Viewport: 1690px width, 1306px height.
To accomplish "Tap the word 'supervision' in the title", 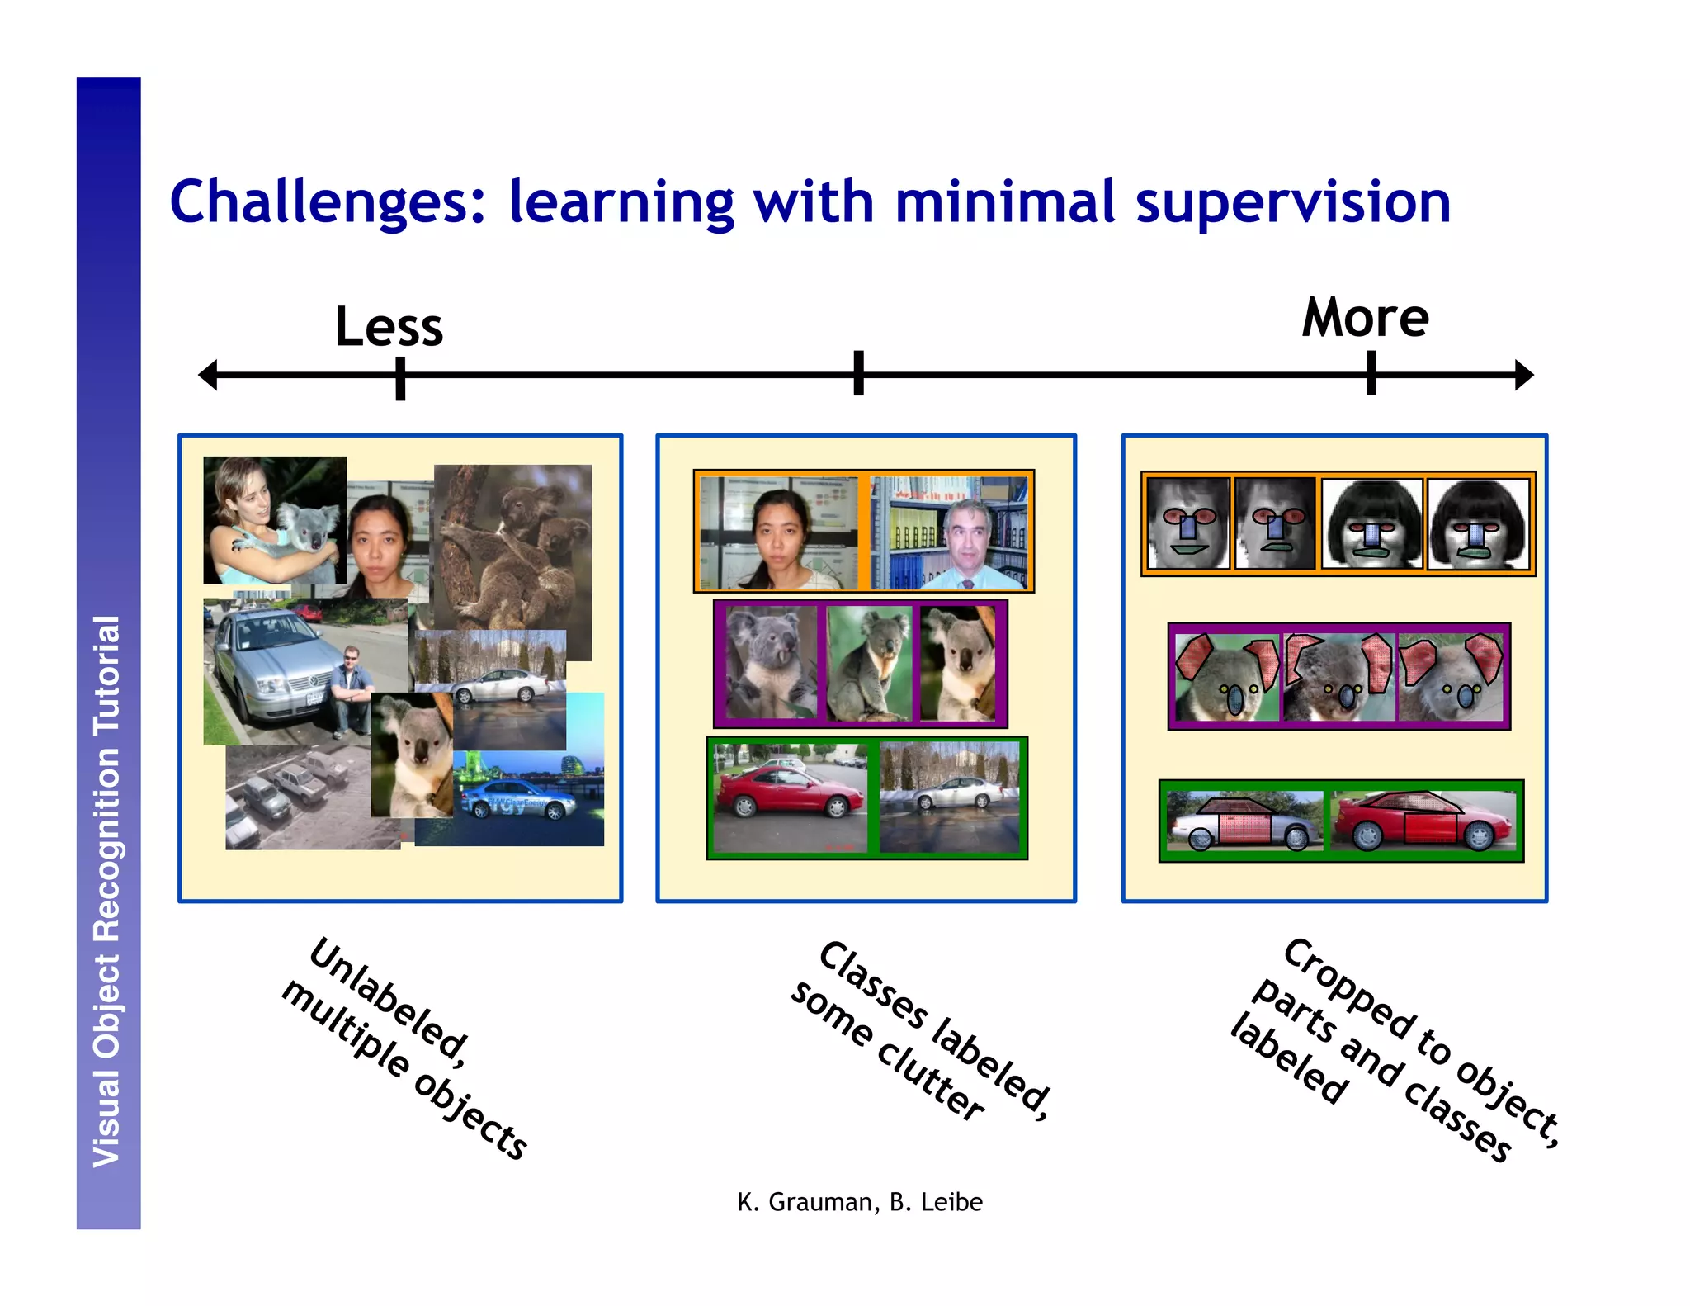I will click(1292, 203).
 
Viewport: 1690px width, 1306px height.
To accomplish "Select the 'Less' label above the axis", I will click(389, 327).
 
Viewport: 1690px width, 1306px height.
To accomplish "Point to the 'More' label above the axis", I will click(1365, 319).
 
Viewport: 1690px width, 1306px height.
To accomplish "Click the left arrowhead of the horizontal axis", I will click(208, 375).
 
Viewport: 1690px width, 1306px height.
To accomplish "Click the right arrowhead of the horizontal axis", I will click(1524, 375).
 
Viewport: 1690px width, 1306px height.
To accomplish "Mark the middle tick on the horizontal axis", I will click(858, 373).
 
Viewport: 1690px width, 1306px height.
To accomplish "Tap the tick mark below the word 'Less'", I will click(400, 378).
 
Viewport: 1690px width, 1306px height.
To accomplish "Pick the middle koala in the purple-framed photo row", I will click(869, 663).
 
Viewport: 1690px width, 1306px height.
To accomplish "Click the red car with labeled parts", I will click(1423, 821).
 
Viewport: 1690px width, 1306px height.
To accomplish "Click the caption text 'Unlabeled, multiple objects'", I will click(404, 1048).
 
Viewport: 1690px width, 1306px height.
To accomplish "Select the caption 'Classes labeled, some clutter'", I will click(920, 1032).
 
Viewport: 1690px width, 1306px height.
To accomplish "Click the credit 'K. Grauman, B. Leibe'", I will click(859, 1202).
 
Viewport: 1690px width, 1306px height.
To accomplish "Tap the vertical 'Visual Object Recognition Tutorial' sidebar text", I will click(108, 892).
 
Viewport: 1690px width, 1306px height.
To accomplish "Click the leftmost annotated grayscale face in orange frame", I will click(1187, 523).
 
